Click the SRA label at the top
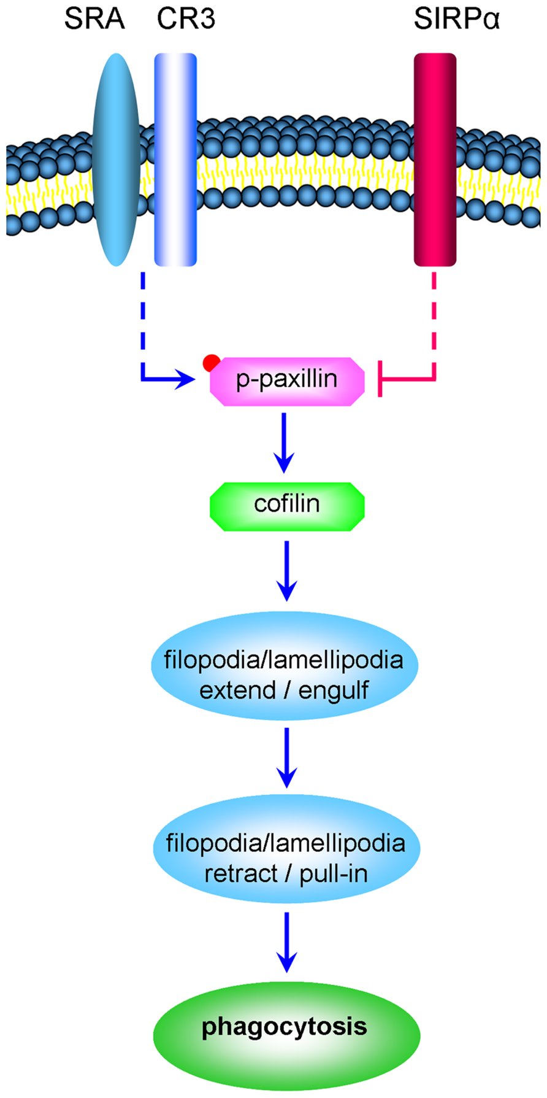click(x=94, y=19)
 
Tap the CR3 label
click(x=186, y=19)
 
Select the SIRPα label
click(x=457, y=19)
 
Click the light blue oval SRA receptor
click(x=116, y=159)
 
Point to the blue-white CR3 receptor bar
click(x=175, y=160)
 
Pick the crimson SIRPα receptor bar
click(x=435, y=160)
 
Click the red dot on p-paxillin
click(x=212, y=363)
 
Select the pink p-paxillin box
click(x=287, y=381)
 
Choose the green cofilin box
click(x=287, y=506)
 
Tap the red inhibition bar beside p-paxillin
click(x=380, y=379)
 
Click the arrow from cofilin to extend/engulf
click(x=286, y=571)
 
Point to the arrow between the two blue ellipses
click(x=286, y=757)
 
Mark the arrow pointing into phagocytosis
click(x=286, y=942)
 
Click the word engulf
click(x=334, y=691)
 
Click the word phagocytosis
click(x=285, y=1026)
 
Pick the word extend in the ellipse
click(x=237, y=690)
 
